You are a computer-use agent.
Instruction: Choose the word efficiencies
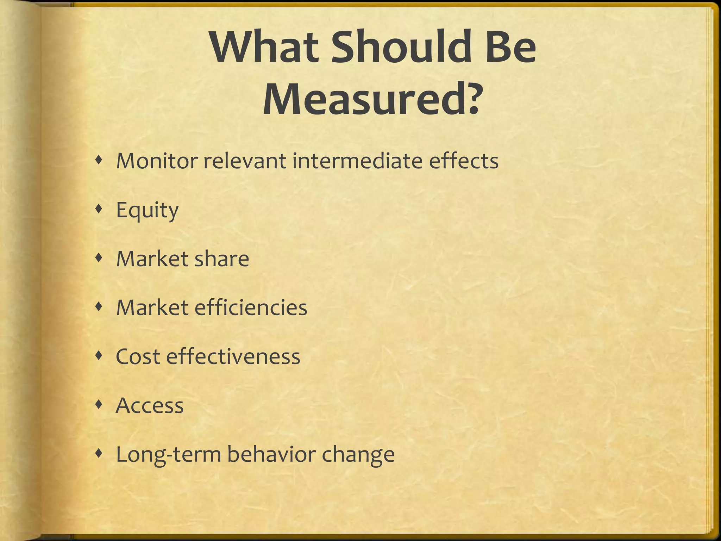coord(251,307)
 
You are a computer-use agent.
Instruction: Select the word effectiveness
coord(233,356)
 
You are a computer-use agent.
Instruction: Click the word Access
coord(150,405)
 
